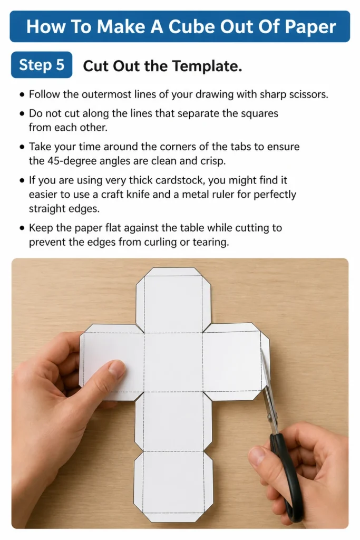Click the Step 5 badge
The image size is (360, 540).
tap(42, 65)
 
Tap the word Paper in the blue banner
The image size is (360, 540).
tap(309, 27)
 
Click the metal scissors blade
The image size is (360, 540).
tap(267, 389)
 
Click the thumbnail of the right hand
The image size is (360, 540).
tap(256, 455)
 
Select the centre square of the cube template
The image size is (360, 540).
tap(173, 362)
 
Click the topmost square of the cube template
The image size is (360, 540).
tap(173, 304)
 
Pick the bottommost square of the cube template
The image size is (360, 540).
tap(173, 482)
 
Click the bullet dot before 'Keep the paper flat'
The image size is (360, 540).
tap(22, 228)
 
